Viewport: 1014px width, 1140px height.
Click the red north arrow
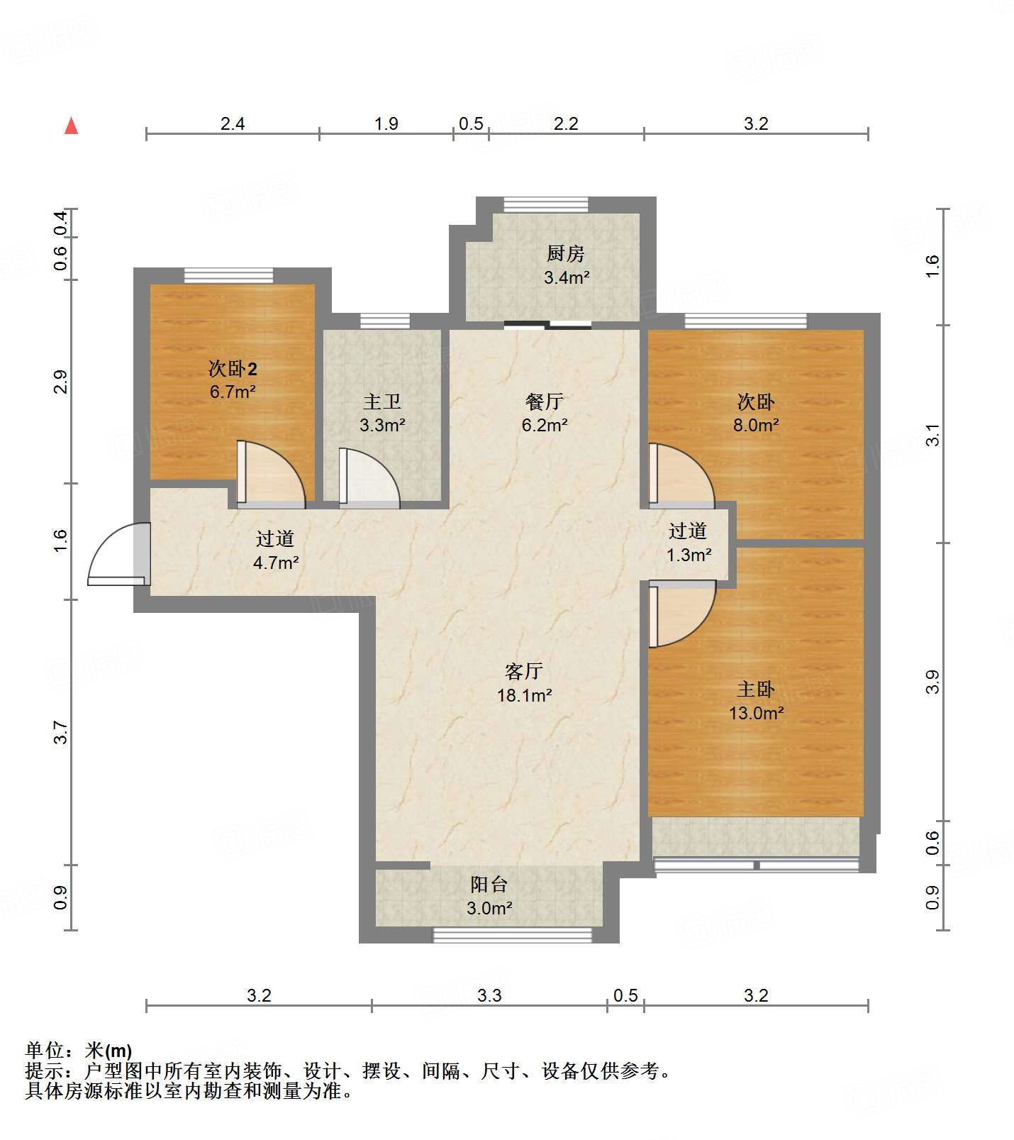(71, 126)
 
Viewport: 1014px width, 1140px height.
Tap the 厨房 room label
(565, 253)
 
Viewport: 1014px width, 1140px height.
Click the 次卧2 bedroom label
(232, 368)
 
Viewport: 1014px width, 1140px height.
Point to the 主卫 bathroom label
(382, 402)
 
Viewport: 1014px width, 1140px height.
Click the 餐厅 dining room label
(545, 402)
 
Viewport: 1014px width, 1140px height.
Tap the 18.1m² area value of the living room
(524, 695)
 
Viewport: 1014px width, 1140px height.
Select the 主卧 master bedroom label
(756, 689)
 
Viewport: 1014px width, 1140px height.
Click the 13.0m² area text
(756, 713)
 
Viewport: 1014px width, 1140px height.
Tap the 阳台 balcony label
(489, 884)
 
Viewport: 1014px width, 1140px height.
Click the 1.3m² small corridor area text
(689, 555)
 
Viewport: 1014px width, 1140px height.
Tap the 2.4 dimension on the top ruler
(232, 124)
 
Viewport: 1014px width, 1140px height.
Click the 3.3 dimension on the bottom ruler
(489, 995)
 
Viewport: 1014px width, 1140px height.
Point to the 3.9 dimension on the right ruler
(933, 682)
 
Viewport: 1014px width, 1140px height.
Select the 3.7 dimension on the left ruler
(61, 732)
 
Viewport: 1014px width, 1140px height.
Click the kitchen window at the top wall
(545, 205)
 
